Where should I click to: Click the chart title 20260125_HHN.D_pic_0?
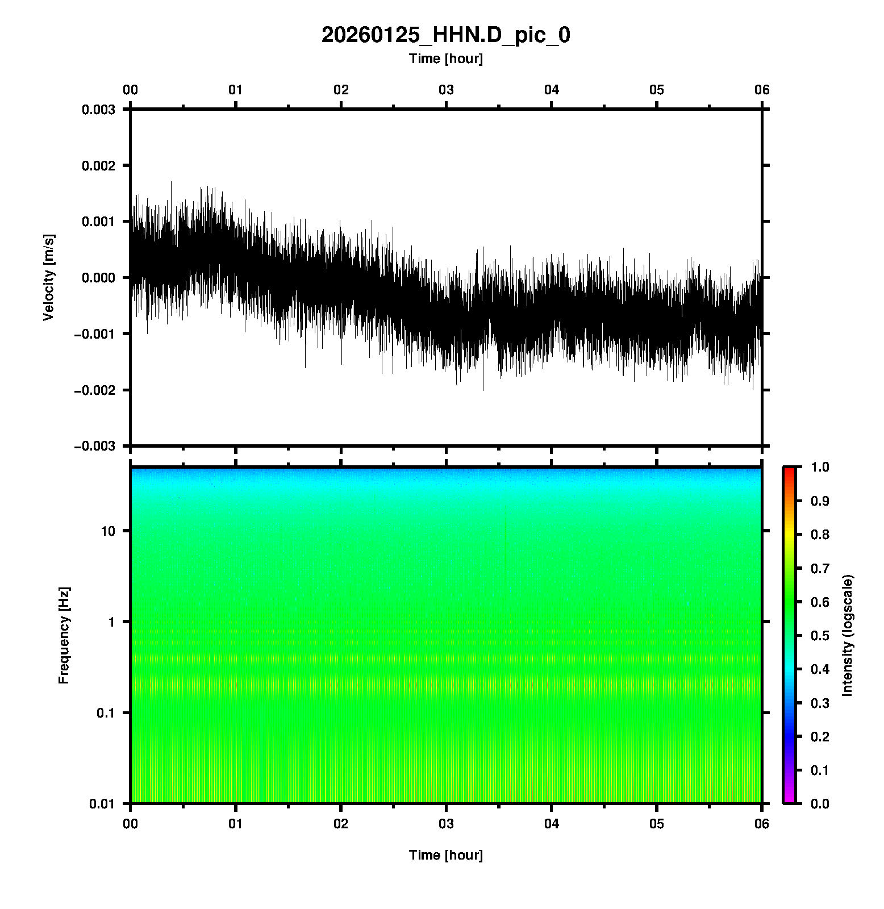446,35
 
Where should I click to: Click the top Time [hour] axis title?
446,59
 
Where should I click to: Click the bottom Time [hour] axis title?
446,855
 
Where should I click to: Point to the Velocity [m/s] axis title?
49,277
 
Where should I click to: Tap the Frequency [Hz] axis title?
64,635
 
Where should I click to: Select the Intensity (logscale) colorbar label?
848,635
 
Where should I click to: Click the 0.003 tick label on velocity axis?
98,110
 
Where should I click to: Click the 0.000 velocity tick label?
98,277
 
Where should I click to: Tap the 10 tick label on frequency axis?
108,531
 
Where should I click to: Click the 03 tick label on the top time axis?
446,90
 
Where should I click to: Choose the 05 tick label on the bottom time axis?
657,824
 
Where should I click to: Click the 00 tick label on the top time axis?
131,90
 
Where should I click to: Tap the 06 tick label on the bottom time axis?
762,824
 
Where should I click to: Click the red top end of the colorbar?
789,470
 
